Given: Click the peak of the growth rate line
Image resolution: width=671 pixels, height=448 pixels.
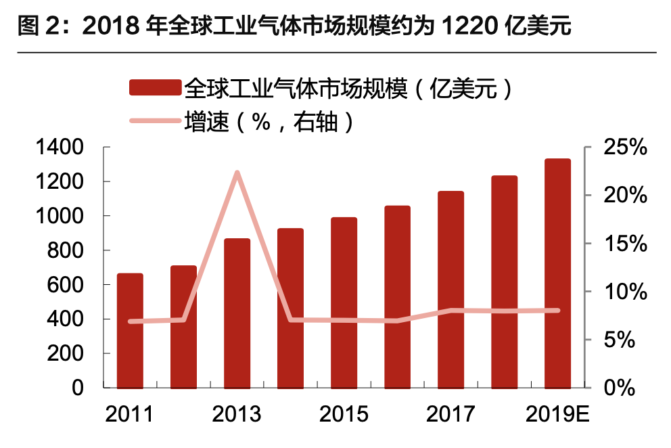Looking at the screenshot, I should [237, 173].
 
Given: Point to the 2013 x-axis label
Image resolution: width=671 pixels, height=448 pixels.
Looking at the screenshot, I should [237, 414].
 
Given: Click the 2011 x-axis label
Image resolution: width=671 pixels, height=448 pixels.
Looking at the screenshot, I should [130, 414].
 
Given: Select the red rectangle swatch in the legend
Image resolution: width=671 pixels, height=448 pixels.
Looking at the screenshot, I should [155, 88].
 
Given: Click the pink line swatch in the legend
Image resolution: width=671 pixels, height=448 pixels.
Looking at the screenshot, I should [155, 121].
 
